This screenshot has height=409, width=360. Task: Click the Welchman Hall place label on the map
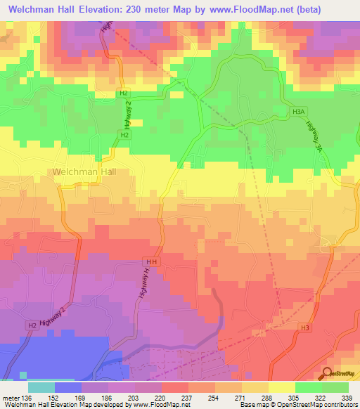tap(79, 171)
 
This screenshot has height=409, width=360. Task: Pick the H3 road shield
tap(304, 327)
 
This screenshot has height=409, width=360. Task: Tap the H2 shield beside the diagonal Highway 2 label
tap(32, 325)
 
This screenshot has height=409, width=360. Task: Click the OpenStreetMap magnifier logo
tap(328, 375)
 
